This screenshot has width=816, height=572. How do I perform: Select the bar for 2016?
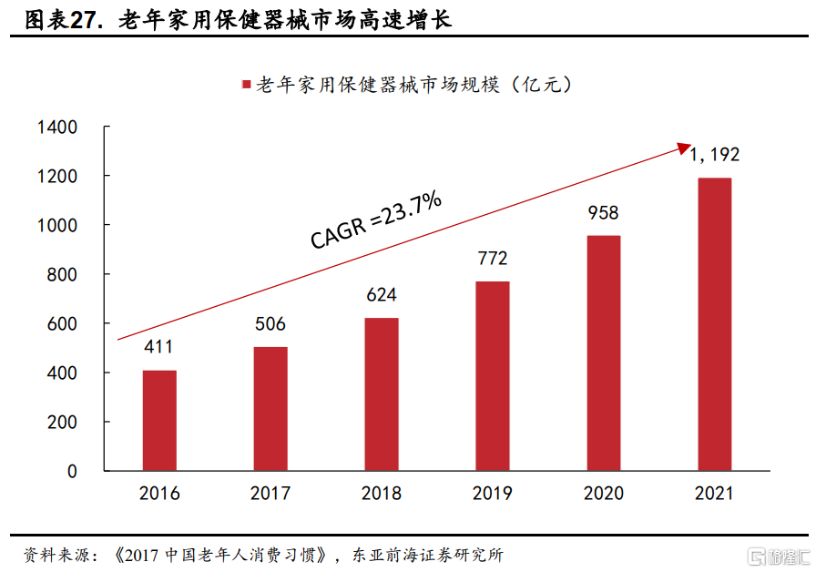click(159, 421)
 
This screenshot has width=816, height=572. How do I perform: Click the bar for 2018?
click(382, 394)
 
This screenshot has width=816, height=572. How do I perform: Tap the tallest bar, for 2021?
click(714, 324)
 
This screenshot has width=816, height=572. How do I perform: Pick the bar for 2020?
click(603, 353)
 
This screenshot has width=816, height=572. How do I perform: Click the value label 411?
click(158, 347)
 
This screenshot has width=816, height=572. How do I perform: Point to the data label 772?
click(493, 259)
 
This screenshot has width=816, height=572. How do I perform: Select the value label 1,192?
click(714, 154)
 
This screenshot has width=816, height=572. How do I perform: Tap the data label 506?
click(270, 324)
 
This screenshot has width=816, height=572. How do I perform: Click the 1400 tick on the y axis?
click(57, 127)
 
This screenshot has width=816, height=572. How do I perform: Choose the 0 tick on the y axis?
click(72, 472)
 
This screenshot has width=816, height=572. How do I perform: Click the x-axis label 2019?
click(493, 494)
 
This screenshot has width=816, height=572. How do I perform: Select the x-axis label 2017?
click(270, 494)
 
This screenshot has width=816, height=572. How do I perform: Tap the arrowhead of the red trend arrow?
click(685, 147)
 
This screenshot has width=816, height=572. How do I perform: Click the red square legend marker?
click(245, 85)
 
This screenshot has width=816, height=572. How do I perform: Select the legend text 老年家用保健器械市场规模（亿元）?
click(413, 85)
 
